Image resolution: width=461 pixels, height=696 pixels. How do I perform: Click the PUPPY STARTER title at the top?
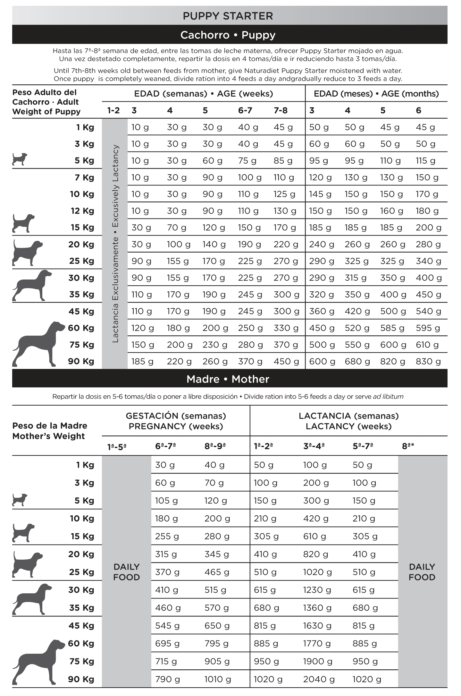pyautogui.click(x=228, y=16)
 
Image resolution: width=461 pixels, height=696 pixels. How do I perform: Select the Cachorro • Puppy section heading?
pyautogui.click(x=228, y=35)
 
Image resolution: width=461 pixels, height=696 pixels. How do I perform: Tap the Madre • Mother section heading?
pyautogui.click(x=228, y=379)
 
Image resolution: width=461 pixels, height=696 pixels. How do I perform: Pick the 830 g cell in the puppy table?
pyautogui.click(x=428, y=362)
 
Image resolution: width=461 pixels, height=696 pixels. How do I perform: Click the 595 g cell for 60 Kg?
pyautogui.click(x=428, y=328)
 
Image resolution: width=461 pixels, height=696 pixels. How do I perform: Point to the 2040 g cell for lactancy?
pyautogui.click(x=319, y=679)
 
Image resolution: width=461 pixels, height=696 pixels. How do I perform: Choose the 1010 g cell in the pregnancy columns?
pyautogui.click(x=218, y=679)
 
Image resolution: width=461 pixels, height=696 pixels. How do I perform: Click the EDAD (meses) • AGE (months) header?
pyautogui.click(x=376, y=94)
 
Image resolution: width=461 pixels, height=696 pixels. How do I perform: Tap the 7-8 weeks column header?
pyautogui.click(x=281, y=110)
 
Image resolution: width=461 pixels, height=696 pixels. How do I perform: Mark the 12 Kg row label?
pyautogui.click(x=82, y=211)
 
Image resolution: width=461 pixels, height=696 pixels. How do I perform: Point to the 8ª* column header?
pyautogui.click(x=408, y=446)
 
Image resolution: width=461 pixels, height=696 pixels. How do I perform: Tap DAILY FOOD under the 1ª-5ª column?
pyautogui.click(x=126, y=572)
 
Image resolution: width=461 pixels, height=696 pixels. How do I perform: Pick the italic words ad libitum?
pyautogui.click(x=388, y=397)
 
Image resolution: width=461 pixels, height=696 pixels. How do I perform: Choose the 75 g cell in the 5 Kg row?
pyautogui.click(x=247, y=161)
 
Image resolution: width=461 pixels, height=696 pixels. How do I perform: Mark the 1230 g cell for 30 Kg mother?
pyautogui.click(x=317, y=590)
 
